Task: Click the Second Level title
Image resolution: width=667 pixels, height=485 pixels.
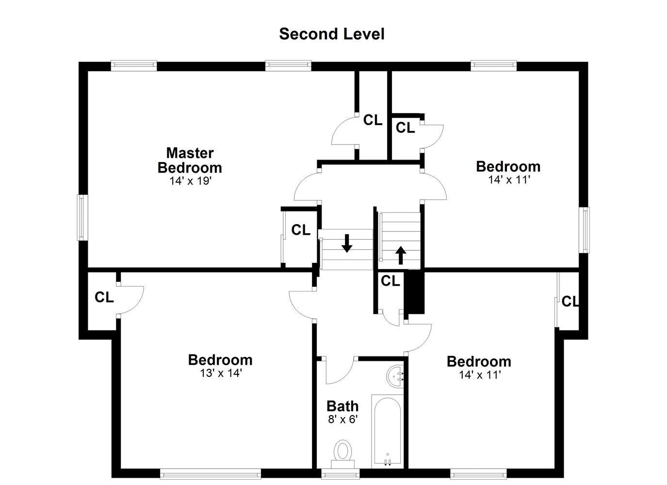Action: coord(332,34)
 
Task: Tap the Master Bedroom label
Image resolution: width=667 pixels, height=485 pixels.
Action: coord(190,161)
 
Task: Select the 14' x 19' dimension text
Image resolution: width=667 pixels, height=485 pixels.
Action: coord(190,181)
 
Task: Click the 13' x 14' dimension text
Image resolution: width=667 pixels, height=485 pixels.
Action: coord(220,373)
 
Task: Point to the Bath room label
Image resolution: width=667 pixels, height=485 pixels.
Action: coord(342,406)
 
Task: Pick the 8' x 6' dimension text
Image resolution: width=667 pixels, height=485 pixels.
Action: coord(343,420)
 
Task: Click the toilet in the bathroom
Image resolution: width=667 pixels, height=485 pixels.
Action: coord(343,455)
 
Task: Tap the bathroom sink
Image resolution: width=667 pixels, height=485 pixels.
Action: coord(395,377)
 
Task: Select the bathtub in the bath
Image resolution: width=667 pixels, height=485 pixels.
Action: coord(387,432)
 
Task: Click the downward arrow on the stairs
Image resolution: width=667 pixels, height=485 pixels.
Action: coord(347,243)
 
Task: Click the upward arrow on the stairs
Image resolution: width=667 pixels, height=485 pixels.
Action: coord(401,255)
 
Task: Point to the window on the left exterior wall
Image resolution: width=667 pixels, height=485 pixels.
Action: coord(82,218)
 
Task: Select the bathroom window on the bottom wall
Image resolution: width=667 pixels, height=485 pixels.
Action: coord(341,474)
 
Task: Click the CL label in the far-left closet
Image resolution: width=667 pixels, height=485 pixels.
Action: coord(104,297)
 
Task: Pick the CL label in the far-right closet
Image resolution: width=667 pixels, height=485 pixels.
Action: coord(570,302)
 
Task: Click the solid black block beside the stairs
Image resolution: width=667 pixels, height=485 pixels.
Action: coord(415,292)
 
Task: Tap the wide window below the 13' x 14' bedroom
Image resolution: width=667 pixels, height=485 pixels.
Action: coord(211,474)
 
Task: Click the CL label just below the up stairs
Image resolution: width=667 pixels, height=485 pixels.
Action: coord(390,281)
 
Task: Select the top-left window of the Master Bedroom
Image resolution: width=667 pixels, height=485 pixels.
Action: coord(134,66)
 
